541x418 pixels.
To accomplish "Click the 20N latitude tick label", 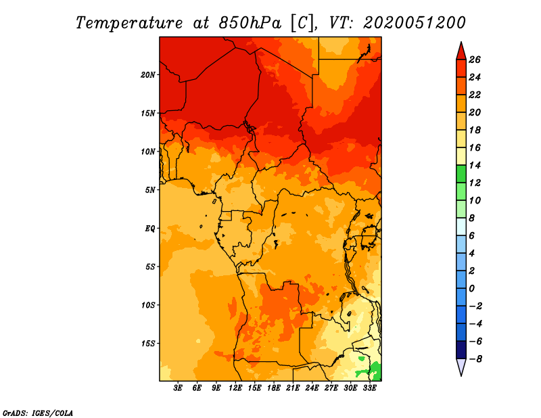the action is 148,75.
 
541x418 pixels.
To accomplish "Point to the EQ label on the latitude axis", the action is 150,229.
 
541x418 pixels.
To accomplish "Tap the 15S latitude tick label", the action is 148,344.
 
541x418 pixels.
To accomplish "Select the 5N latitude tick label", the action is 150,190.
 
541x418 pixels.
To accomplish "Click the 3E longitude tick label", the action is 178,388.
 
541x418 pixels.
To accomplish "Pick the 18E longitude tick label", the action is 274,388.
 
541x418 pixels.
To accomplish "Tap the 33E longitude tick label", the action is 369,388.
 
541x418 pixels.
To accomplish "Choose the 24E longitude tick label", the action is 312,388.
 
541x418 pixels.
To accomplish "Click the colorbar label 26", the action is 475,60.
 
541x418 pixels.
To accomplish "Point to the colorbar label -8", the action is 475,359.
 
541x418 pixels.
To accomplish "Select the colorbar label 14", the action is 475,165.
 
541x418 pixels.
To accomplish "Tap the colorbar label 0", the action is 471,288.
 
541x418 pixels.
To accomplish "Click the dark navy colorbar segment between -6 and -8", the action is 461,350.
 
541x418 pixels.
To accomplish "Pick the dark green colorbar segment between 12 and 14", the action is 461,174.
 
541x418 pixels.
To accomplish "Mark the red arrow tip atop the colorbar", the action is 461,42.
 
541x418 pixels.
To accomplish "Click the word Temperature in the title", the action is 129,23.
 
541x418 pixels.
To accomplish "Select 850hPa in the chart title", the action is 250,23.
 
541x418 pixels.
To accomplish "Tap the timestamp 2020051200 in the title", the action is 415,23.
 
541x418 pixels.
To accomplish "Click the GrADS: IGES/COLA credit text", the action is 38,413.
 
